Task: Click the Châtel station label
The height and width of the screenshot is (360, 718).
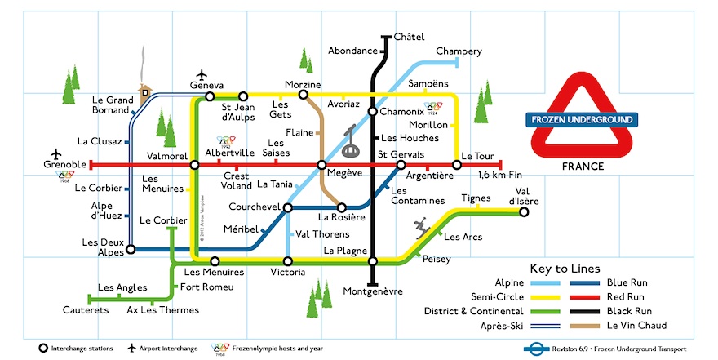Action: [410, 37]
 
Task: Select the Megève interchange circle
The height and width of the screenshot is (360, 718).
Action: [322, 165]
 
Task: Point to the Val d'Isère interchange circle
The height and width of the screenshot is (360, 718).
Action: [524, 211]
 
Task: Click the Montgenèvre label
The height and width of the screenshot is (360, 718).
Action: [373, 291]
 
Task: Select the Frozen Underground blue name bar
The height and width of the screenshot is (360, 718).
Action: [582, 120]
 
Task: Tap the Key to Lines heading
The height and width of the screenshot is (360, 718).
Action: [565, 268]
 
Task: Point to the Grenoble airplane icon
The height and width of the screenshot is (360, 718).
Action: [55, 153]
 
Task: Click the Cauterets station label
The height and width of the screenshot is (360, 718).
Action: [86, 310]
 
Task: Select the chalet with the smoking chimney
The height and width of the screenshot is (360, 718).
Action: [145, 89]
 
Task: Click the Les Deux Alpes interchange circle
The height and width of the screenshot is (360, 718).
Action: [129, 250]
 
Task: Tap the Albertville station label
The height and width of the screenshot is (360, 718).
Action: [231, 153]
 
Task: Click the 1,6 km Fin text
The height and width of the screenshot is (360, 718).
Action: [499, 176]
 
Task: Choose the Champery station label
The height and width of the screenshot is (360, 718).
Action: [459, 51]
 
